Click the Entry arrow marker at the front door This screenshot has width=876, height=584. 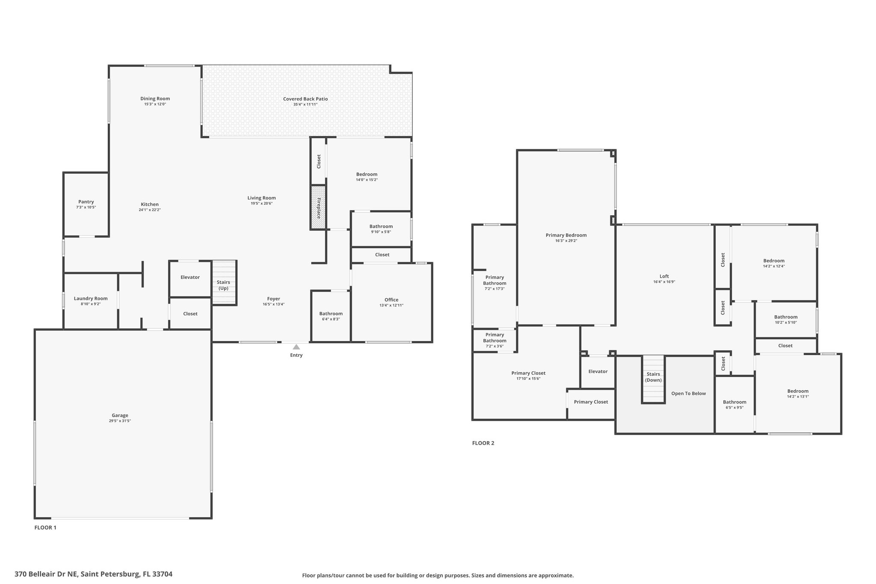296,347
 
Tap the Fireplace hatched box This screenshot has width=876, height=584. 318,208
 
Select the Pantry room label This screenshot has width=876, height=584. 86,202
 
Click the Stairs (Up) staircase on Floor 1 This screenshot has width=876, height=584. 224,282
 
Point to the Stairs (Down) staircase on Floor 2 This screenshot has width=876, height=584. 653,379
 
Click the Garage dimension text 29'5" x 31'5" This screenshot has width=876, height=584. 120,421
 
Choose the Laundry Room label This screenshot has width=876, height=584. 91,299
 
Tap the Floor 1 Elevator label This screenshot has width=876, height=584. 190,277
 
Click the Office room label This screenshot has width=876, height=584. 391,300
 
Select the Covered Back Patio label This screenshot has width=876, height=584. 305,99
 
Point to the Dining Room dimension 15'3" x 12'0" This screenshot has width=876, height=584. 155,104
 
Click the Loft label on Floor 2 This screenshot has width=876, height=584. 664,276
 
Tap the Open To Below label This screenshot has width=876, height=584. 689,394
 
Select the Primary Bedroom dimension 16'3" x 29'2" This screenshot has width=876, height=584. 566,241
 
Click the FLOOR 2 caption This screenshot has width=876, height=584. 483,443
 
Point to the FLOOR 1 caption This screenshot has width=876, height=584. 45,528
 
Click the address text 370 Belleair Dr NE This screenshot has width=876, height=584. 46,574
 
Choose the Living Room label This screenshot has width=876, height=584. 262,198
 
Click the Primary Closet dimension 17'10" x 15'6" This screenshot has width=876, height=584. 528,379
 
